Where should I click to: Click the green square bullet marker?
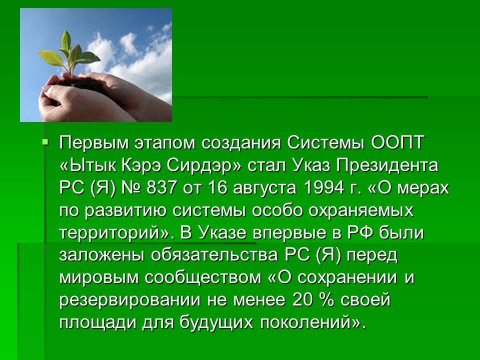pyautogui.click(x=45, y=141)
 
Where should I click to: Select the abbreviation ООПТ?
pyautogui.click(x=397, y=142)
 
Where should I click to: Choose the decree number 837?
pyautogui.click(x=161, y=187)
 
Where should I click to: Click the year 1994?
pyautogui.click(x=324, y=187)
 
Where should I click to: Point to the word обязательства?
pyautogui.click(x=214, y=255)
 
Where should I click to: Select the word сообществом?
pyautogui.click(x=203, y=277)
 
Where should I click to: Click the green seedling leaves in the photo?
pyautogui.click(x=70, y=54)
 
